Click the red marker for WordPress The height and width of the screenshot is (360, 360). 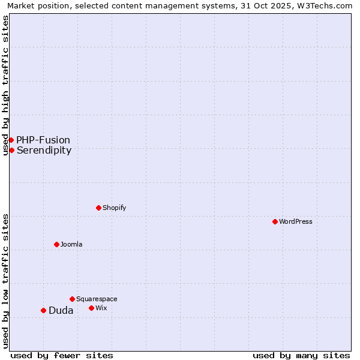(275, 221)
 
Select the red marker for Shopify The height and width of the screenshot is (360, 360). (98, 208)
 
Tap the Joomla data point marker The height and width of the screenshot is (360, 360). (56, 244)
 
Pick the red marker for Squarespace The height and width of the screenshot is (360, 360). (72, 299)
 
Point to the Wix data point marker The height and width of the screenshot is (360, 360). (91, 308)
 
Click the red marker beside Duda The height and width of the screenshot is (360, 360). (43, 310)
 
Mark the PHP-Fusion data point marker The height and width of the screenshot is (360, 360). (11, 140)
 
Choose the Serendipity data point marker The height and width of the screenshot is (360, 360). (11, 150)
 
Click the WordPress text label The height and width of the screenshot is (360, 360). (296, 221)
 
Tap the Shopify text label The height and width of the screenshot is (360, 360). (114, 208)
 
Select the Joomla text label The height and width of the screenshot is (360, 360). (71, 244)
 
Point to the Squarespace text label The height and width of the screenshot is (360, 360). (97, 299)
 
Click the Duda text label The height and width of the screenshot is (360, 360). (61, 310)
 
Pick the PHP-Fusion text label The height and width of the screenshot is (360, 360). (43, 140)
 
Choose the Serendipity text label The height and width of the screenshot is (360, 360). (44, 150)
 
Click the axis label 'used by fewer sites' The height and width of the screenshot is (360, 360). (62, 355)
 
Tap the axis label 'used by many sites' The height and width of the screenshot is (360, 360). (301, 355)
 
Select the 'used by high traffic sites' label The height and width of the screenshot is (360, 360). (5, 85)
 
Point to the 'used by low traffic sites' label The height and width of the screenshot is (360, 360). (5, 281)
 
